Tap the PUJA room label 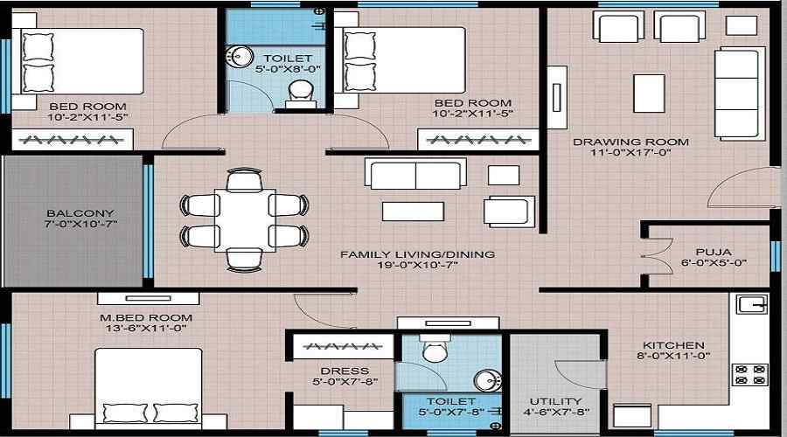click(x=707, y=249)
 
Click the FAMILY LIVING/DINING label click(x=417, y=254)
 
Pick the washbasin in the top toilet click(x=237, y=57)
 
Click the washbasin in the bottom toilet click(x=488, y=380)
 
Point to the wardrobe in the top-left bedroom click(x=72, y=139)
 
